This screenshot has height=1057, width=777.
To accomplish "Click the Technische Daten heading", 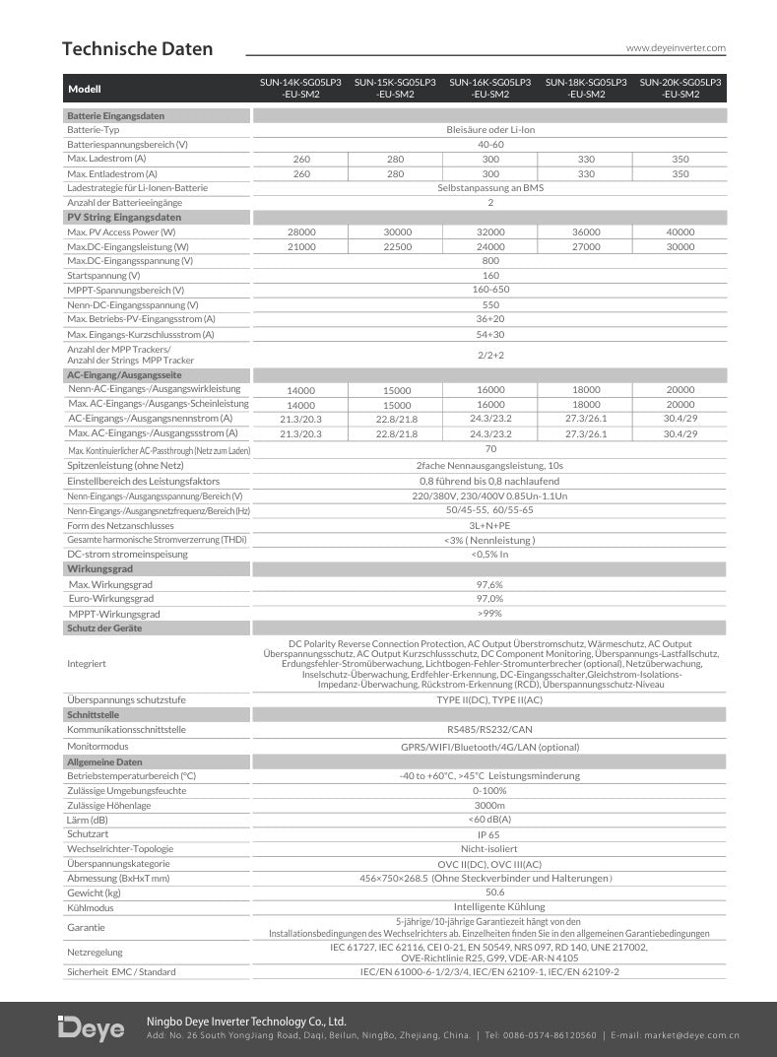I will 137,49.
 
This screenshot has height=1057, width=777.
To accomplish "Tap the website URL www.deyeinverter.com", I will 676,47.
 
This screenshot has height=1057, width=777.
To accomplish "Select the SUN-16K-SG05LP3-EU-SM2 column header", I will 489,89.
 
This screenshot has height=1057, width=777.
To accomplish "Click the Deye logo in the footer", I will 92,1027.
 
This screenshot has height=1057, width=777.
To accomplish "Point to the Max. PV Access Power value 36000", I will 586,231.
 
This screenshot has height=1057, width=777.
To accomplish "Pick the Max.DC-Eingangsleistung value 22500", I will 396,246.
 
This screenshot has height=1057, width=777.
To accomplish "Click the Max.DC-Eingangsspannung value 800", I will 490,261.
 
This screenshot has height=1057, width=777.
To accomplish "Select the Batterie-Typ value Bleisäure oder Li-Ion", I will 489,129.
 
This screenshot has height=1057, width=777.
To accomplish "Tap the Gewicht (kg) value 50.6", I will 489,892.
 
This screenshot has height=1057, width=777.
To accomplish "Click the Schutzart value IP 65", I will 489,833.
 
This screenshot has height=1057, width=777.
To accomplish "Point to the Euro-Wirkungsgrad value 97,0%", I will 489,599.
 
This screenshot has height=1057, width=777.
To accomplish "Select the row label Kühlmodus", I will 91,907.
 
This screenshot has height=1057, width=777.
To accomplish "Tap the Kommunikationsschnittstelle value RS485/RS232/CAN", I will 489,730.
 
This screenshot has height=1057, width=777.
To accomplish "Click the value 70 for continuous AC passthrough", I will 490,449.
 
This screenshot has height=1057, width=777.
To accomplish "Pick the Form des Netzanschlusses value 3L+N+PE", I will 489,526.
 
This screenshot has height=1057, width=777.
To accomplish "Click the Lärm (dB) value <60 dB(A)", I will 489,820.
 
